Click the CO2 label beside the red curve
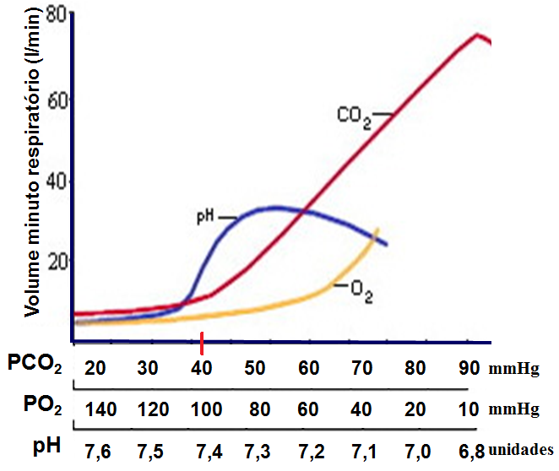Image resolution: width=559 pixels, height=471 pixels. click(x=354, y=116)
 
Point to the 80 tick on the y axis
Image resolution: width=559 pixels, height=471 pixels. click(x=57, y=14)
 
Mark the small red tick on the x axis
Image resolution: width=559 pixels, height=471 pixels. click(x=203, y=339)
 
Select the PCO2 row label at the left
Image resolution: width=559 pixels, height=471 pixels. click(x=35, y=365)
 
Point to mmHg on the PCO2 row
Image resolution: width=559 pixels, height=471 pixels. click(x=513, y=370)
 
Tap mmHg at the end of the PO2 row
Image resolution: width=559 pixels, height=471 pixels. click(x=513, y=409)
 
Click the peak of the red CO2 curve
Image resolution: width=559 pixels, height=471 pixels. click(x=477, y=35)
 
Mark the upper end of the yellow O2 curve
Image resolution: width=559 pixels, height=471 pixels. click(x=377, y=230)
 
